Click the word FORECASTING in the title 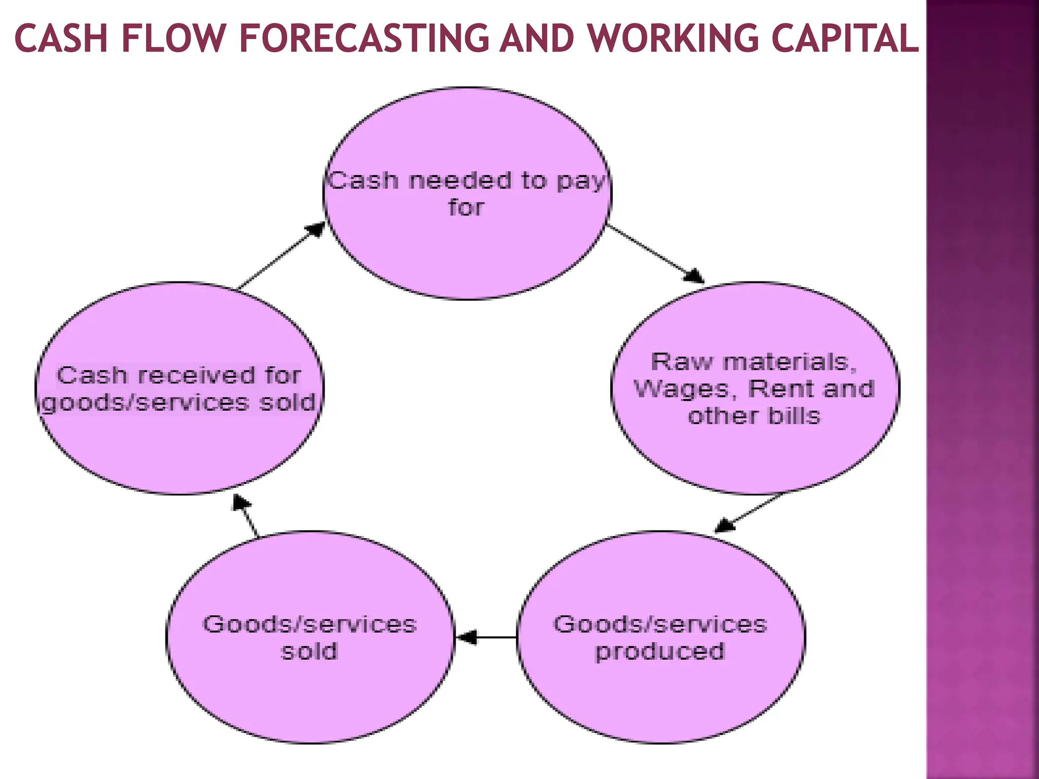coord(363,39)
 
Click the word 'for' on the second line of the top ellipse coord(466,208)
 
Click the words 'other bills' coord(754,416)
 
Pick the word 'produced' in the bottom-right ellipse coord(660,652)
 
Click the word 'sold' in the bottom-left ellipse coord(309,652)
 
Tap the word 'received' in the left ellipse coord(196,376)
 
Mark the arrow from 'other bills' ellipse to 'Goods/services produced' coord(749,512)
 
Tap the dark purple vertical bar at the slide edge coord(982,389)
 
